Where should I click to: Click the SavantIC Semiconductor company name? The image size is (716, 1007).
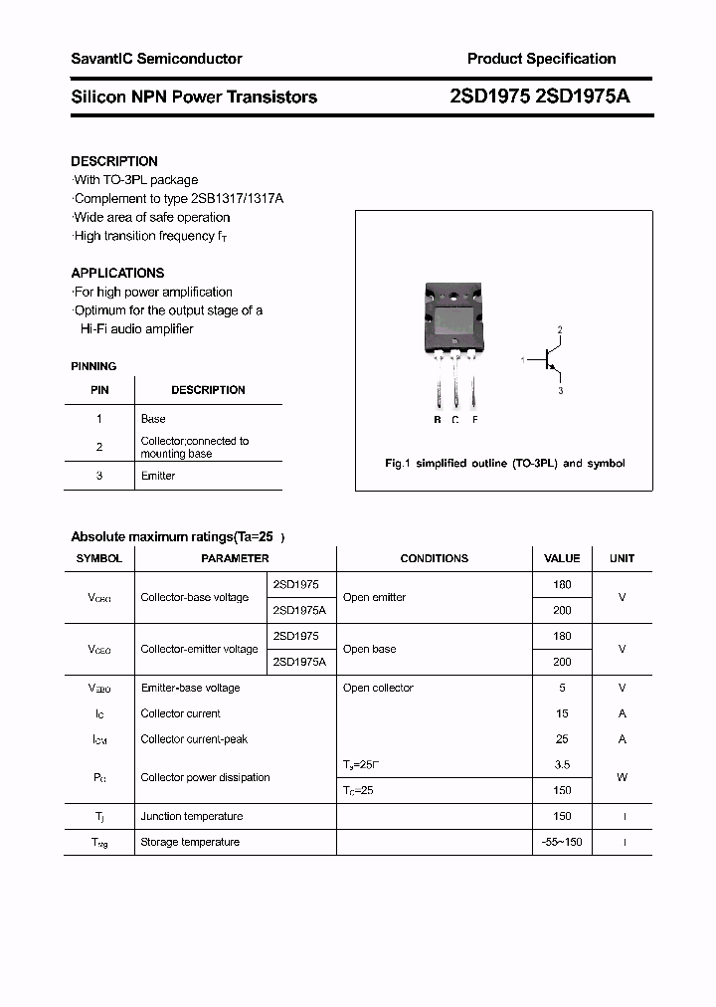156,59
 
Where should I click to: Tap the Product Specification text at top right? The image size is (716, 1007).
541,59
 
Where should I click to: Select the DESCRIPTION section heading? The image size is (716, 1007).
114,161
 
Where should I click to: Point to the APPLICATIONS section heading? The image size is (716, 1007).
117,273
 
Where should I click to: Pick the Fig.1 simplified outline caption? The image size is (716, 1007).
504,464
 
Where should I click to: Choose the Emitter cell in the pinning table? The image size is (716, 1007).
158,477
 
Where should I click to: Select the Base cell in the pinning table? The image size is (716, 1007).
153,419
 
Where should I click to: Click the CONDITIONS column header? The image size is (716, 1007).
434,559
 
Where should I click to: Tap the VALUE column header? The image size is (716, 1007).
562,559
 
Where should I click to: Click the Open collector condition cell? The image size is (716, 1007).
378,689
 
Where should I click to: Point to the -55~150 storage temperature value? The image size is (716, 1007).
562,843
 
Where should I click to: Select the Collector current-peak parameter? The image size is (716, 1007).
194,739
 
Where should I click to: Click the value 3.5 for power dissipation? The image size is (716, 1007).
562,765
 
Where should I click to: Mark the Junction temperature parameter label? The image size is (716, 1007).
192,817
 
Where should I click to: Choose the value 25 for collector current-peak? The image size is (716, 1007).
562,739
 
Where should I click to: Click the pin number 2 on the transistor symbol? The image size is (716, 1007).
560,329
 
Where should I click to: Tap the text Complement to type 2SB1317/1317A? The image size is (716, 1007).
179,199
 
